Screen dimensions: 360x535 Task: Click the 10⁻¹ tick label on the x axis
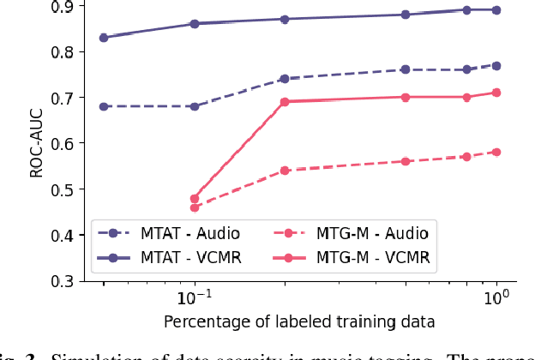click(x=194, y=298)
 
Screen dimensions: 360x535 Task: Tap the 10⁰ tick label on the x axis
click(x=496, y=298)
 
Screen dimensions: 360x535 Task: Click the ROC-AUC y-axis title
click(x=36, y=143)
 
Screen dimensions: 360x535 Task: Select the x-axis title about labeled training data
click(x=300, y=322)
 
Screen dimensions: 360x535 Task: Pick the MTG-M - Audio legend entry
click(x=352, y=232)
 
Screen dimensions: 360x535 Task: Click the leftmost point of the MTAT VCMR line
click(x=104, y=38)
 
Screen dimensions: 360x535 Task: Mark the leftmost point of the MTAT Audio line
click(x=104, y=106)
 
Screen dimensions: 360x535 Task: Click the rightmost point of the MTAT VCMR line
click(x=496, y=10)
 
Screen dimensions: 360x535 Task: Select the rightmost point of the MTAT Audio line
click(x=496, y=66)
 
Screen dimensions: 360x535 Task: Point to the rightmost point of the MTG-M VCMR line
click(x=496, y=93)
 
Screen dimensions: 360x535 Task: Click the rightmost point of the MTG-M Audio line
click(x=496, y=153)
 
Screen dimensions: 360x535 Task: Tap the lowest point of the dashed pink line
click(x=195, y=207)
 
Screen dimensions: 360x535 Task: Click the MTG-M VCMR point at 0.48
click(x=195, y=198)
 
